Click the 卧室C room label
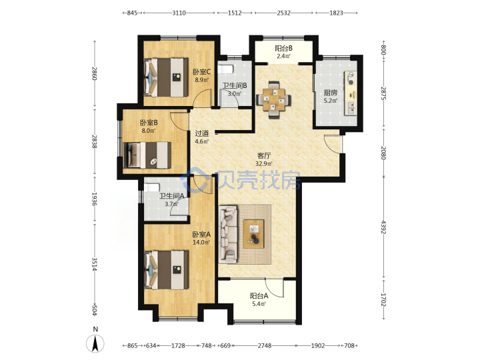click(201, 72)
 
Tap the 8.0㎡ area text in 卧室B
click(149, 131)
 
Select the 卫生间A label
click(172, 196)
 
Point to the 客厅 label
click(264, 155)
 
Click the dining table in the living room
click(274, 99)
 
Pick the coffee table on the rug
click(253, 234)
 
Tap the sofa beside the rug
click(229, 234)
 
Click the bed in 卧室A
click(166, 270)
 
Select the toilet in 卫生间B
click(225, 69)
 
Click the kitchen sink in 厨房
click(351, 108)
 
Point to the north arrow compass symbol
click(95, 343)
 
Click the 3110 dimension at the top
click(179, 13)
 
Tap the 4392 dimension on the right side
click(383, 227)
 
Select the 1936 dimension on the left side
click(94, 199)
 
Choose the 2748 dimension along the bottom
click(265, 345)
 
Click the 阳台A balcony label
click(259, 296)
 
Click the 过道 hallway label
click(202, 133)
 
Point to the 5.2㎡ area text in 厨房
click(331, 101)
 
